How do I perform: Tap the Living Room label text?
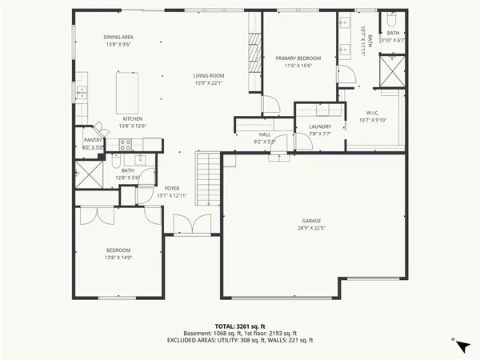point(207,76)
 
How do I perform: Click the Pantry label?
point(93,141)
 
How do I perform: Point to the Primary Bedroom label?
point(298,58)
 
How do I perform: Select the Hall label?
point(264,135)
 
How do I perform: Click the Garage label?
point(311,220)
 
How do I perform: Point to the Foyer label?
point(150,189)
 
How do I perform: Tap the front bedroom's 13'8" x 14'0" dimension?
point(118,257)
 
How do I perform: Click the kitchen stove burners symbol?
point(126,145)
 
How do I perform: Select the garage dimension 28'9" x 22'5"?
point(311,227)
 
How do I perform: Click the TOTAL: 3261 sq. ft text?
point(240,326)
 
